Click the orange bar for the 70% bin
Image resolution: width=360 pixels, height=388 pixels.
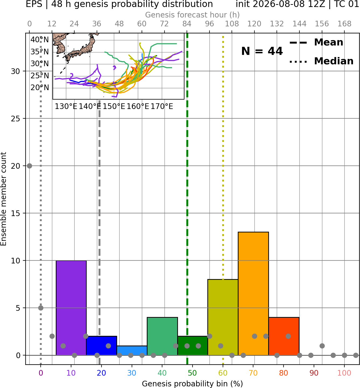[253, 294]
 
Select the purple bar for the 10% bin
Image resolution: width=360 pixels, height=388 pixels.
[71, 308]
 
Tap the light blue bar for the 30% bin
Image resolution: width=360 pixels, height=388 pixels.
[132, 351]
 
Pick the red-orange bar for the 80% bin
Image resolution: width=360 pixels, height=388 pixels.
[284, 336]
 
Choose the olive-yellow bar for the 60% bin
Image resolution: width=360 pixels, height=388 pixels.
[223, 317]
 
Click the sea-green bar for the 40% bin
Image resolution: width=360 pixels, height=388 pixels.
[162, 336]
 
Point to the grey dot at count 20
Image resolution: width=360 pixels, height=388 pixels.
[29, 166]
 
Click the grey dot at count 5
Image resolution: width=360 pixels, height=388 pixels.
[41, 308]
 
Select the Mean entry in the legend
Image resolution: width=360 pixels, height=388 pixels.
[316, 42]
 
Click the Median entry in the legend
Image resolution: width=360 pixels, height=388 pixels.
[321, 61]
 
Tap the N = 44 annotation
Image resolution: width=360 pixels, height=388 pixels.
[262, 51]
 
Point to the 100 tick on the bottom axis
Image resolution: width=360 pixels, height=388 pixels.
[344, 373]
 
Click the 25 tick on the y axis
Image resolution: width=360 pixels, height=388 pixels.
[16, 119]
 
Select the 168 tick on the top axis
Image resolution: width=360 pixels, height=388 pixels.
[344, 24]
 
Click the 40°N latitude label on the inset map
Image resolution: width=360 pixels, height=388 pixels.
[40, 40]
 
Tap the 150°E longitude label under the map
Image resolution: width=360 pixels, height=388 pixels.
[114, 107]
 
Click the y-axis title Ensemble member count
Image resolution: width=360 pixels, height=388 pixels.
[3, 199]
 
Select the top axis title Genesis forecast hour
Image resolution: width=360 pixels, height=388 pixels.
[193, 15]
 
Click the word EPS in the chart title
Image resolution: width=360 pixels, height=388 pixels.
[34, 4]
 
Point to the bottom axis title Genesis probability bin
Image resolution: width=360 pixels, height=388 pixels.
[193, 384]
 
